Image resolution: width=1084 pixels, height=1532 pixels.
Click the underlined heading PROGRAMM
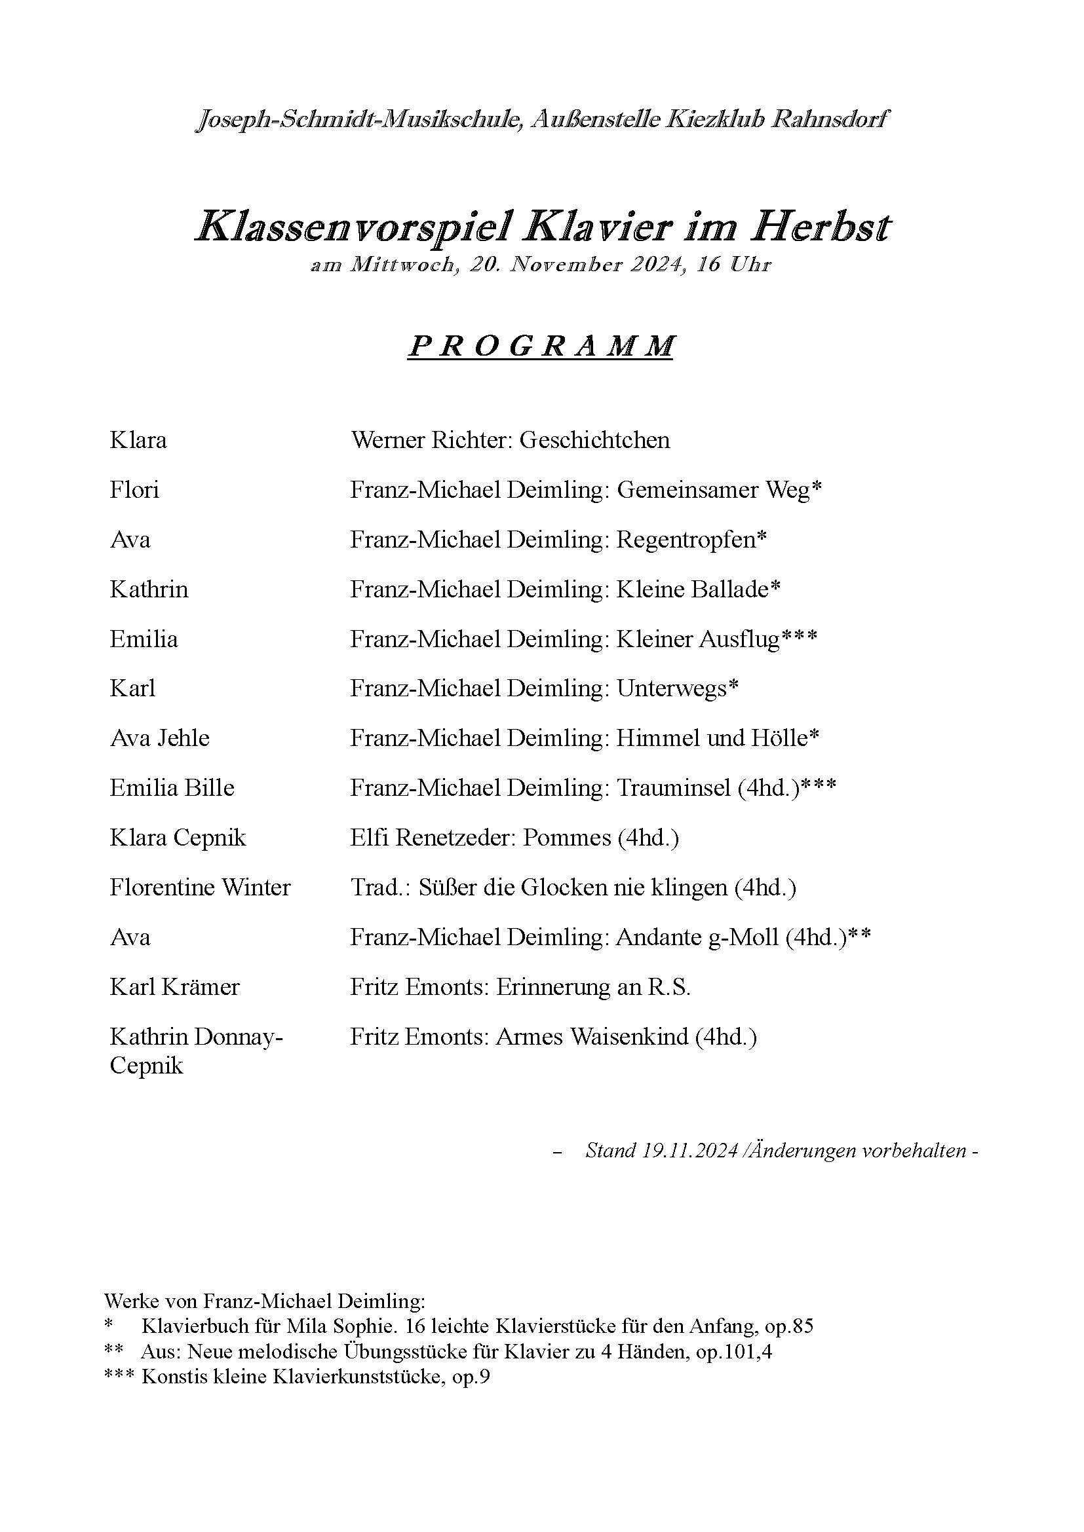click(540, 346)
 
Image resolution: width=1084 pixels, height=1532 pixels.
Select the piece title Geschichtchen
click(594, 440)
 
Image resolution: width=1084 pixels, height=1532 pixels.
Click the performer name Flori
click(134, 490)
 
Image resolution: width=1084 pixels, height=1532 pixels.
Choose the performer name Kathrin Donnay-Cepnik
click(196, 1050)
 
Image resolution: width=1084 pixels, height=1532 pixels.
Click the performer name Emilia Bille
click(172, 788)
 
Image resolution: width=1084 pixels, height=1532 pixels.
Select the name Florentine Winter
click(201, 887)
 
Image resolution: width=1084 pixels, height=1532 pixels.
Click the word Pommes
click(567, 838)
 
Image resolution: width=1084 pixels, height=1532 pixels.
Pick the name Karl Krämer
click(174, 987)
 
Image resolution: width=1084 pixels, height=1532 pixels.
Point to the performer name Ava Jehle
click(159, 738)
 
